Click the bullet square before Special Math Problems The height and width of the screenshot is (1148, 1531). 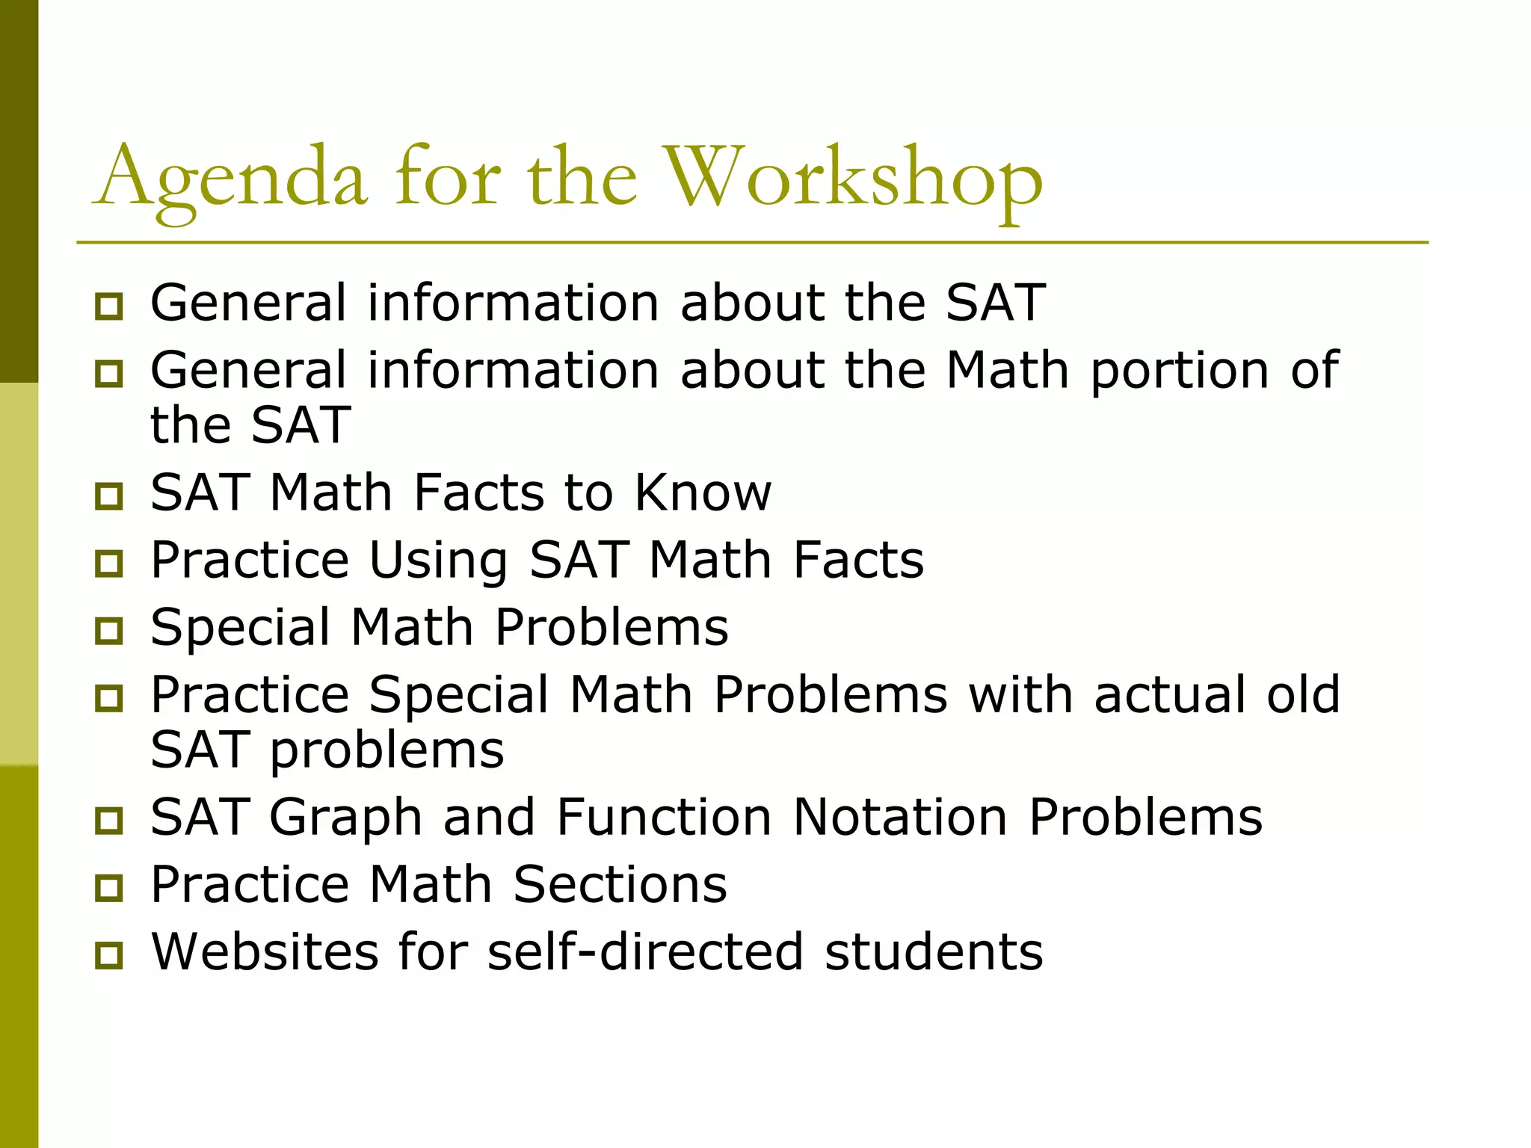[x=109, y=630]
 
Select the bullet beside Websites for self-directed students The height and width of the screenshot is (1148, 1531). [x=109, y=954]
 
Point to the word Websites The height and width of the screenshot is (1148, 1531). [x=265, y=951]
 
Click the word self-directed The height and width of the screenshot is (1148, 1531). [x=645, y=951]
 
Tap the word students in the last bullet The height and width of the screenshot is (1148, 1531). [x=934, y=951]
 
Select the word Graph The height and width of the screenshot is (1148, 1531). [x=345, y=818]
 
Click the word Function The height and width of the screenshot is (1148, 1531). [x=664, y=816]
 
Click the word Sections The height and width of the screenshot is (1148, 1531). [x=620, y=884]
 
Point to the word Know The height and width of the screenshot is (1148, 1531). [x=703, y=493]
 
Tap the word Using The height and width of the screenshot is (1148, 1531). [x=439, y=561]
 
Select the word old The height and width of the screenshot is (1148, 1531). [x=1303, y=694]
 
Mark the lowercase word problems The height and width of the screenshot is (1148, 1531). [x=386, y=750]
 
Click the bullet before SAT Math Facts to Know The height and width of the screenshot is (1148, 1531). [x=109, y=496]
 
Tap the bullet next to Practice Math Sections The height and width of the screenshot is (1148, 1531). [x=109, y=887]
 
